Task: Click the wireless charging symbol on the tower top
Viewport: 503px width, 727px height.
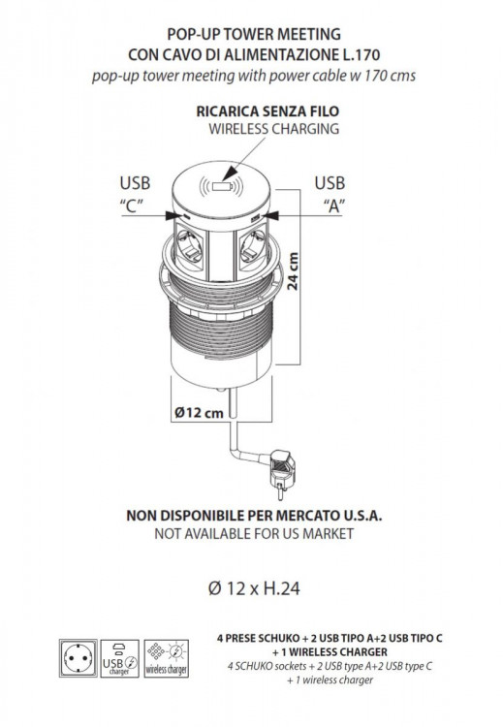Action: (221, 187)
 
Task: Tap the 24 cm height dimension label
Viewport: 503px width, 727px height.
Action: (293, 271)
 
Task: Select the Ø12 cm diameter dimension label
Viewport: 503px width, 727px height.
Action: (199, 412)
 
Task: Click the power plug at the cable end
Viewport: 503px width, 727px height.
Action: (282, 473)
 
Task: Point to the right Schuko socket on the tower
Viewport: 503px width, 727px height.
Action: (252, 244)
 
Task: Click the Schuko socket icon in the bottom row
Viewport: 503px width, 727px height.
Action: (78, 658)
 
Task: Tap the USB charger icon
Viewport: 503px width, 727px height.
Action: (119, 658)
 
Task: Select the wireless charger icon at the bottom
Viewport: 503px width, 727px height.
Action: (166, 658)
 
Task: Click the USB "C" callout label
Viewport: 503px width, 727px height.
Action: (135, 194)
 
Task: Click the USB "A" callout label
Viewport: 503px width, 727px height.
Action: (330, 194)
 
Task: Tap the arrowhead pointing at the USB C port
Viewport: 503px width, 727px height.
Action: (173, 214)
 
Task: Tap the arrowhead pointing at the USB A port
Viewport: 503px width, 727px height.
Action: (271, 214)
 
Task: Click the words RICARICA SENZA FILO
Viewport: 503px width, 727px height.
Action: (267, 111)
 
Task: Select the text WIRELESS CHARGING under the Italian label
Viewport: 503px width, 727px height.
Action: (273, 128)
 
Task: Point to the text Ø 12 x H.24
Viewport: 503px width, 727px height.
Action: (254, 588)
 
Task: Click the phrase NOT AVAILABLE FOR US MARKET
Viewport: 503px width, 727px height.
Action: (254, 533)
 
